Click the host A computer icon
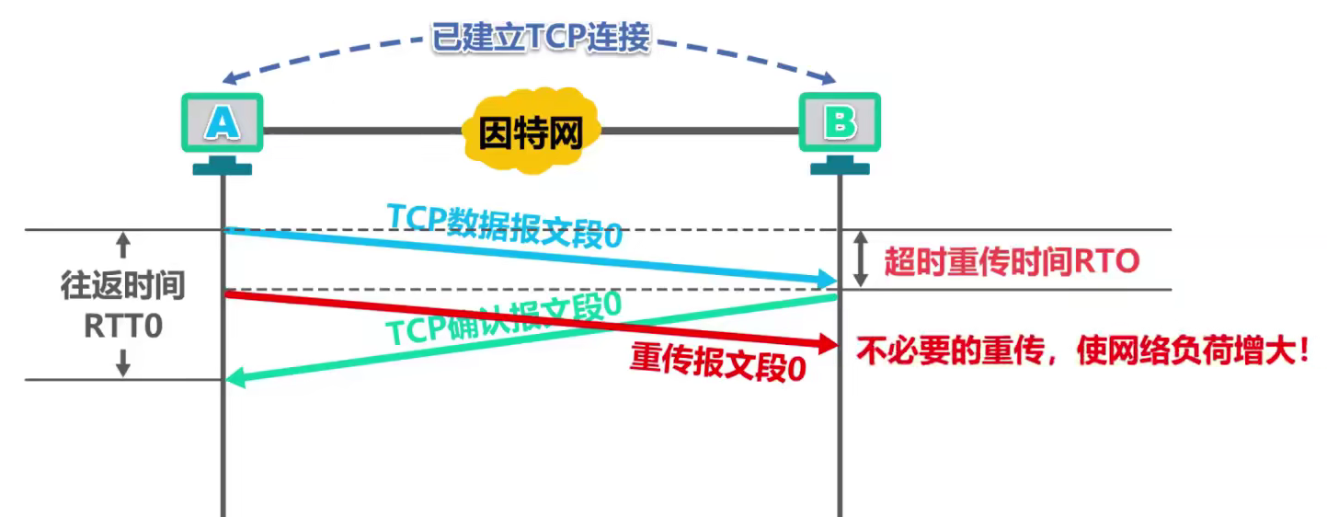click(x=222, y=122)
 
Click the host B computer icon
click(x=839, y=122)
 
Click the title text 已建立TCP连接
click(x=541, y=38)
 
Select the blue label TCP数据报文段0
click(x=504, y=224)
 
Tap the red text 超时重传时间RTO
click(x=1012, y=262)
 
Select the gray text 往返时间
click(x=122, y=286)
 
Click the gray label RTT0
click(x=122, y=327)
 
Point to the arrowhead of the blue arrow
click(x=828, y=280)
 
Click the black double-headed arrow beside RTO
click(x=861, y=259)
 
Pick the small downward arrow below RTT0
click(x=123, y=364)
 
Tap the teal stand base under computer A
click(x=222, y=168)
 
